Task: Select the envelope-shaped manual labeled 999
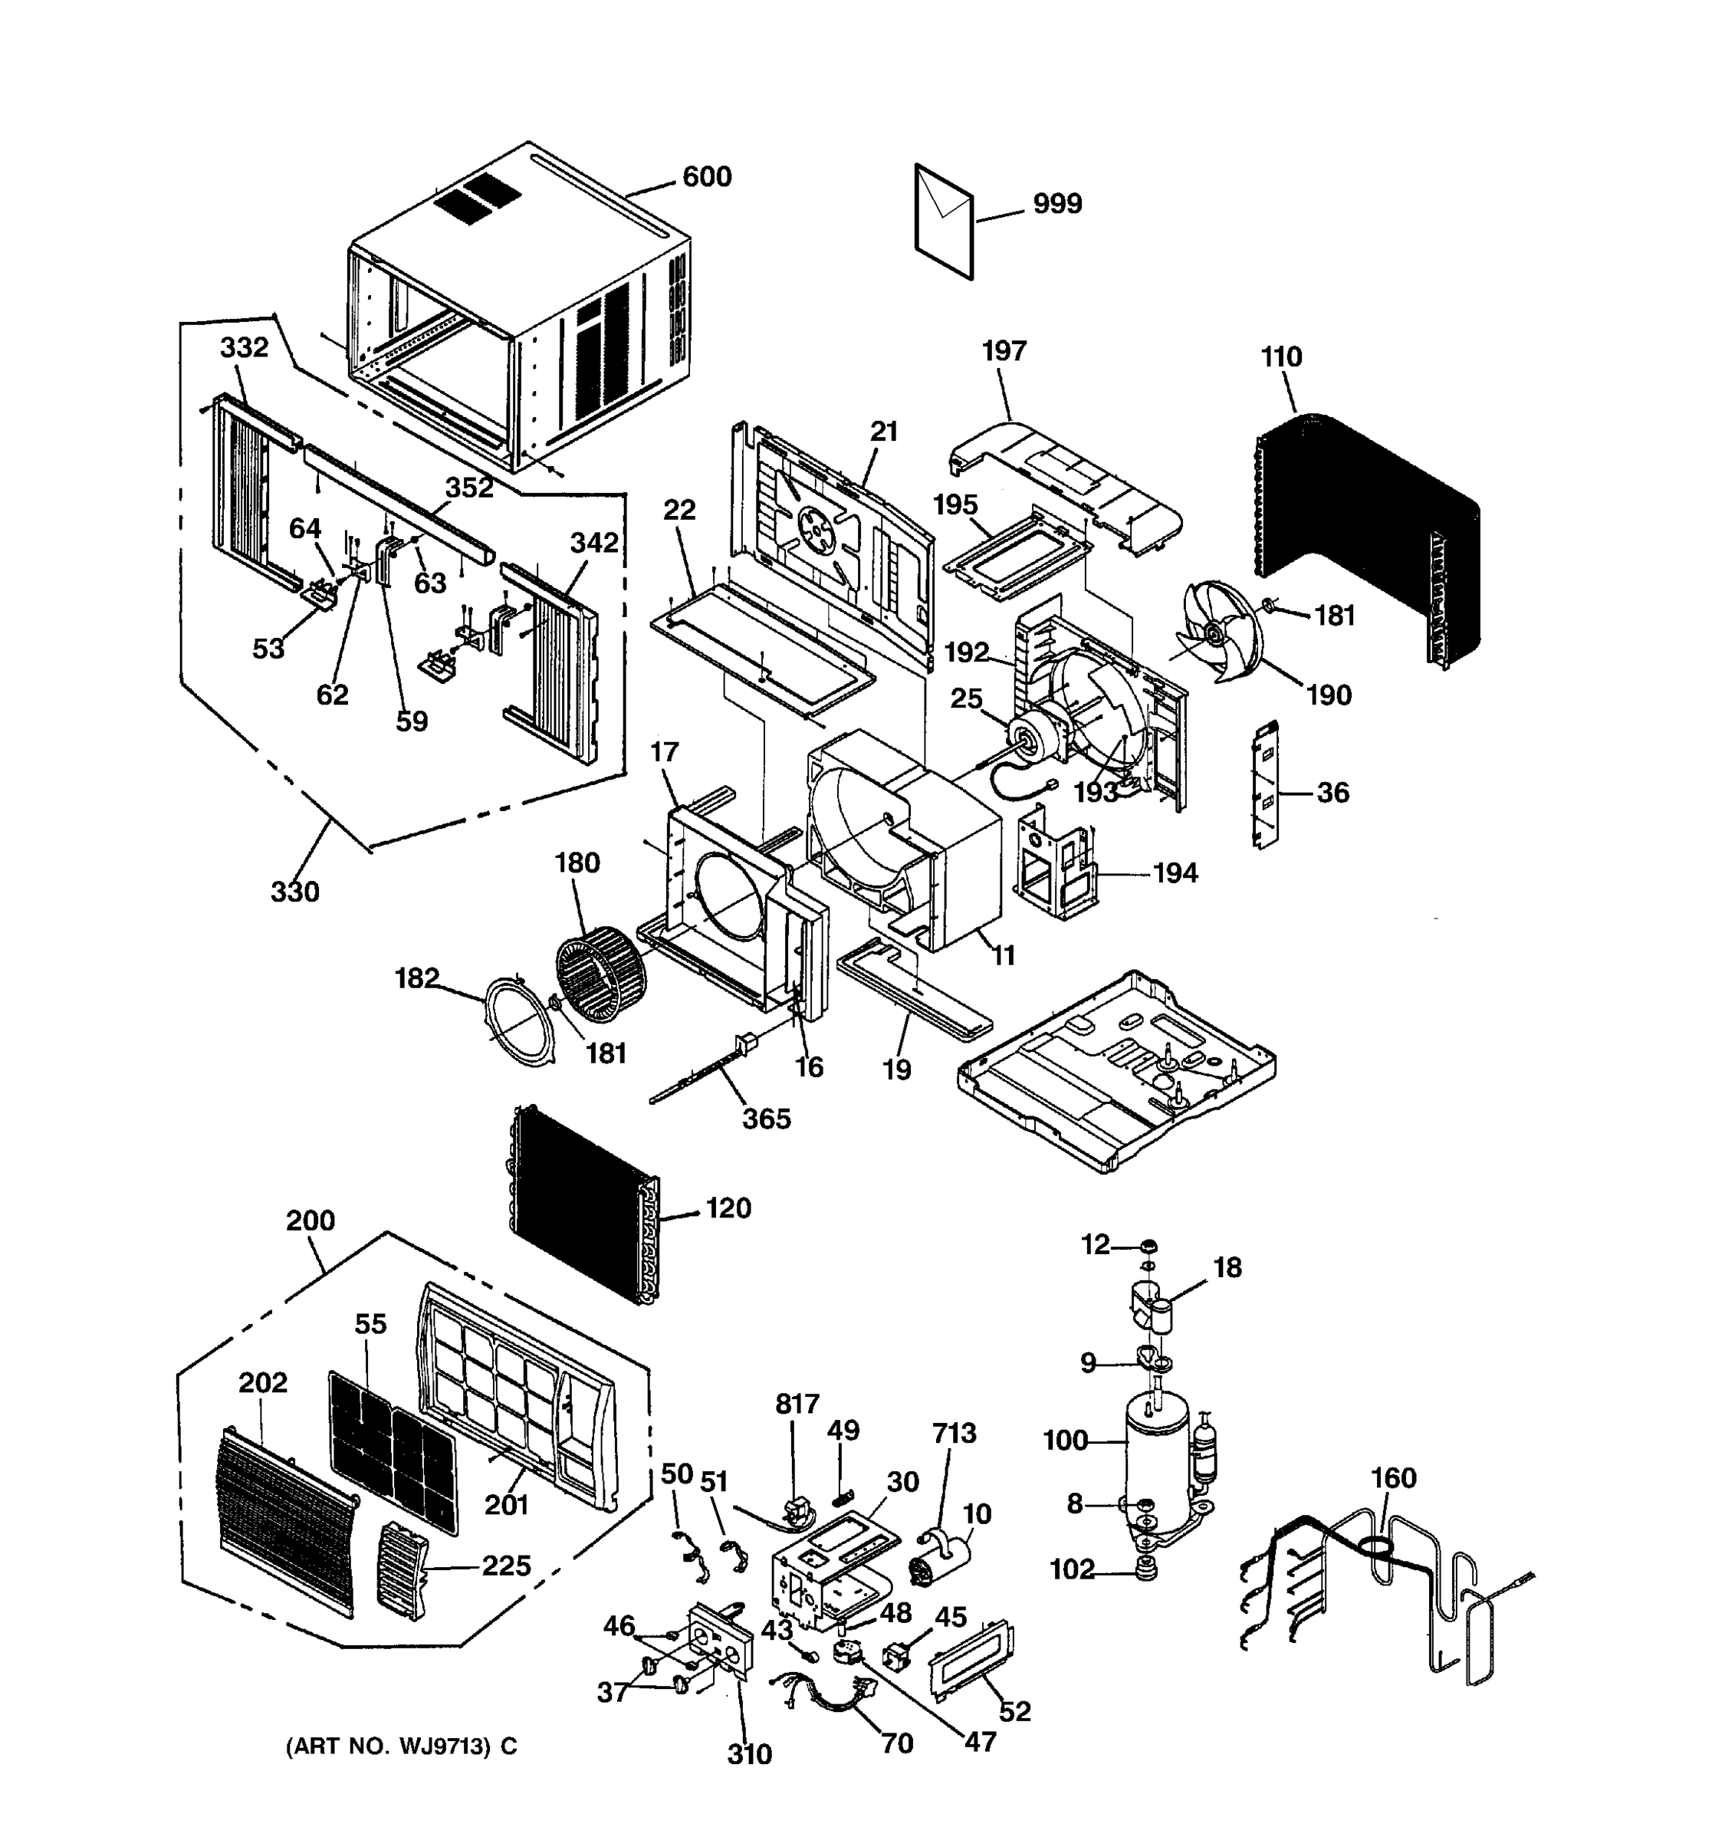944,222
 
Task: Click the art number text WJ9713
443,1746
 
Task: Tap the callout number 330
294,892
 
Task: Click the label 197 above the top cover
1004,351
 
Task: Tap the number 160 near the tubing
1393,1477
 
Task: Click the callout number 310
749,1754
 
